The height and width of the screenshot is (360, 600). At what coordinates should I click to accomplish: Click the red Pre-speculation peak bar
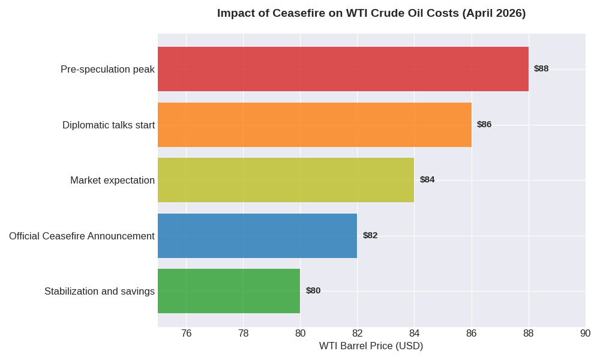point(343,69)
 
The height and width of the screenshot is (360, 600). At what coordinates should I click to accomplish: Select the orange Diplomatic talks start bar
point(314,125)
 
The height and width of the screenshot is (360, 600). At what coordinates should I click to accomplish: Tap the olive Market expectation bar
point(286,180)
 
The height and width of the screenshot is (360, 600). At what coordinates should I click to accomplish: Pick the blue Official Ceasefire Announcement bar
point(257,236)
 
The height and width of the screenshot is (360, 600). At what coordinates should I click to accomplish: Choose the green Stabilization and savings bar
point(229,291)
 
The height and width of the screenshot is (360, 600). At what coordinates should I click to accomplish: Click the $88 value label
point(541,68)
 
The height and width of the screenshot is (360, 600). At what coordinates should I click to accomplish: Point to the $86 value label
point(484,124)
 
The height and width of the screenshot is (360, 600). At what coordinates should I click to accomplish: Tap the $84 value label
point(427,179)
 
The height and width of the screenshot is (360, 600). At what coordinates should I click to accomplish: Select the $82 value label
point(370,235)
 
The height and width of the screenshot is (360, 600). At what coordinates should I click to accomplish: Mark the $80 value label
point(313,290)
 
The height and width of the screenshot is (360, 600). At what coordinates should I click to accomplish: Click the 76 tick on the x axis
point(186,334)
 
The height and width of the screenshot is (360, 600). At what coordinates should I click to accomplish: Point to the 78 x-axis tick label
point(243,334)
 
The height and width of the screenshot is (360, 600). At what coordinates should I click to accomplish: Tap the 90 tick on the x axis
point(585,334)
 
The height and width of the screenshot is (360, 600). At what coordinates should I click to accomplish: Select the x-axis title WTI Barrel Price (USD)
point(371,346)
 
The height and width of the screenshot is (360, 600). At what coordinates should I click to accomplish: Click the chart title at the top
point(371,13)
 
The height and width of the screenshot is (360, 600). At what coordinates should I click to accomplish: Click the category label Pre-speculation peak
point(107,70)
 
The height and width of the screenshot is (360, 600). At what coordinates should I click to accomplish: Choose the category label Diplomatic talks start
point(109,125)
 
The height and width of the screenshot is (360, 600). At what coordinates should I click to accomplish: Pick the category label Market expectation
point(112,181)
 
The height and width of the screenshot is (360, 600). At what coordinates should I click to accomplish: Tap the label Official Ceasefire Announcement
point(82,236)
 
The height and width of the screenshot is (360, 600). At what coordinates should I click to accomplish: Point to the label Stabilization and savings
point(100,292)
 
